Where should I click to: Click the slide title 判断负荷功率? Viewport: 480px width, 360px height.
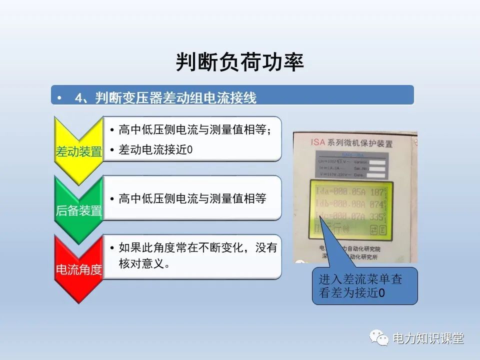pos(239,62)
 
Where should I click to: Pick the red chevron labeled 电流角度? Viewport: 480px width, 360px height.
pos(78,269)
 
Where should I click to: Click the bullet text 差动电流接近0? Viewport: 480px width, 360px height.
pos(155,150)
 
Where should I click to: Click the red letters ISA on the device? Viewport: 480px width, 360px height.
pos(318,142)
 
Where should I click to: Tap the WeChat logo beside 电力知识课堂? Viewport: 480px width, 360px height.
pos(379,338)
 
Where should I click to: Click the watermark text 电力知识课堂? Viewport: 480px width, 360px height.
pos(428,338)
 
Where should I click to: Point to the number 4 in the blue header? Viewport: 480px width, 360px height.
pos(78,98)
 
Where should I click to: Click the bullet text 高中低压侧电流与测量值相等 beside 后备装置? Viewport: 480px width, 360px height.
pos(192,199)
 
